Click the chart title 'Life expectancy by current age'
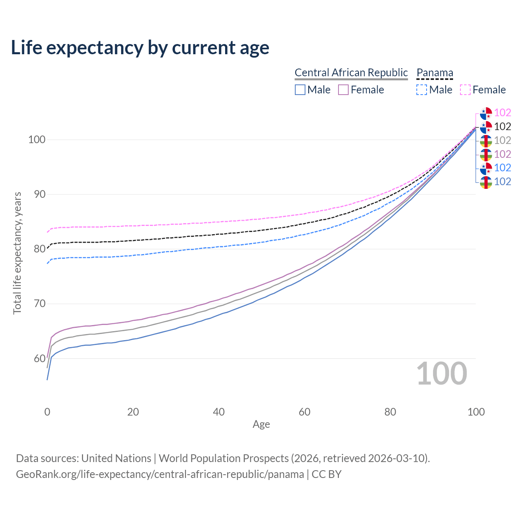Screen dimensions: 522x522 point(140,48)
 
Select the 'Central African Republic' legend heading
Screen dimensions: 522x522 point(351,73)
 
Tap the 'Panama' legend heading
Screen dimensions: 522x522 point(435,73)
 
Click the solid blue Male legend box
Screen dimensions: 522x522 point(300,90)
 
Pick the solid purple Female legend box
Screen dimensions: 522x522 point(343,90)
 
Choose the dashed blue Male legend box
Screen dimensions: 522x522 point(422,90)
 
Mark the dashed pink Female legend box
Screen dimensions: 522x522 point(465,90)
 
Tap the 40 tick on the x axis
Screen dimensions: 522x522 point(219,412)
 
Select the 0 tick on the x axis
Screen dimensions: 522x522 point(47,412)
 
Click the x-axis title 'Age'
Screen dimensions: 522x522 point(261,425)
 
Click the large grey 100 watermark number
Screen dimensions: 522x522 point(442,374)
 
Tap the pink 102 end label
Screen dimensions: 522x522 point(502,113)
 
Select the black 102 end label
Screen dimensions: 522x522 point(502,126)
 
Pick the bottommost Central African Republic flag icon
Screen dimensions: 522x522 point(486,182)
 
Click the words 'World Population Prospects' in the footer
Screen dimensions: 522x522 point(223,458)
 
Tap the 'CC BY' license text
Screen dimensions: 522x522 point(327,474)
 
